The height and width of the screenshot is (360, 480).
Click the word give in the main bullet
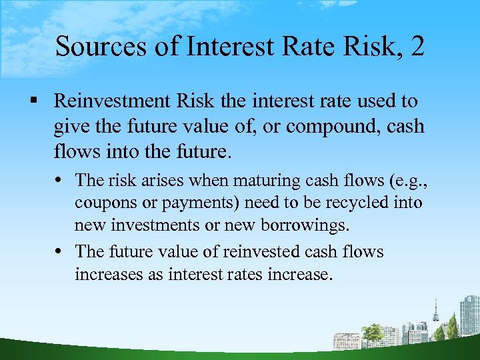tap(69, 126)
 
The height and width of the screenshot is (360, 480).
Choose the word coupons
tap(101, 203)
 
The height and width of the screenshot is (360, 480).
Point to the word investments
tap(157, 225)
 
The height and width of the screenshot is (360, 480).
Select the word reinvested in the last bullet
tap(261, 251)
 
